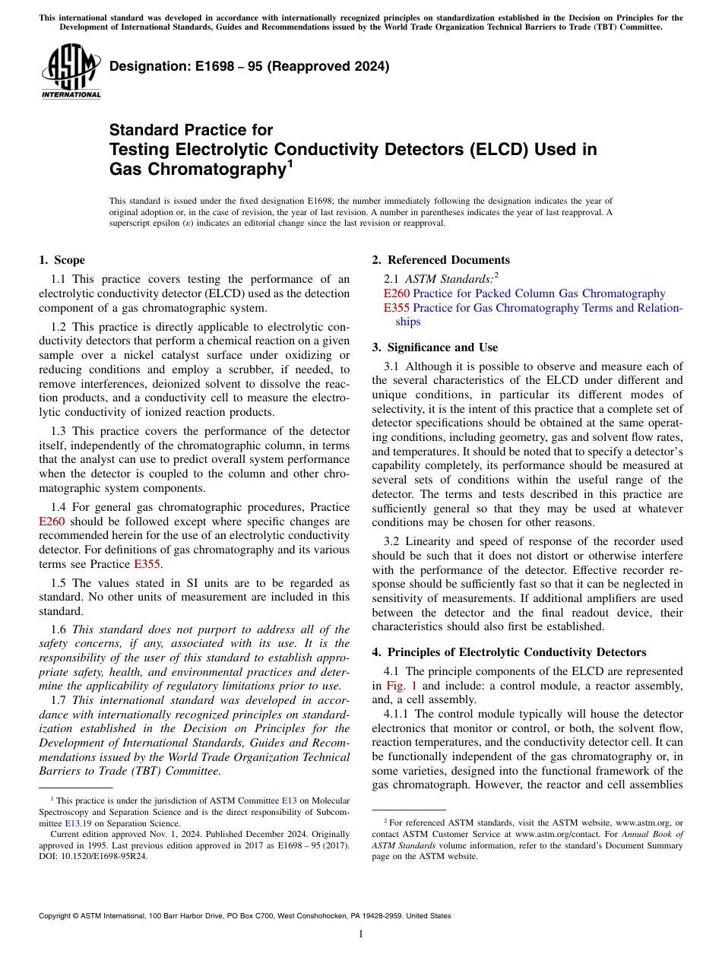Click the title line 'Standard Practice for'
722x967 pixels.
[x=191, y=130]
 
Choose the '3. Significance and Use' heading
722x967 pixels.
[x=435, y=347]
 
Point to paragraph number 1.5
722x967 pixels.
[x=60, y=582]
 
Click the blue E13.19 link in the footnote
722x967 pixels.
[x=74, y=823]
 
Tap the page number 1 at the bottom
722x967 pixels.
[x=361, y=934]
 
